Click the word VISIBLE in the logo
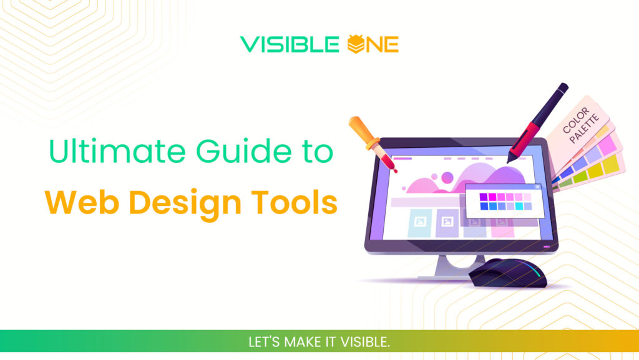(x=291, y=44)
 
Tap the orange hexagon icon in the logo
(x=354, y=44)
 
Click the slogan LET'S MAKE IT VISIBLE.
(x=319, y=343)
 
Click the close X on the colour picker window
(x=537, y=187)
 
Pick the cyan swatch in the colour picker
(x=519, y=206)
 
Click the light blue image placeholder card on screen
(x=419, y=222)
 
